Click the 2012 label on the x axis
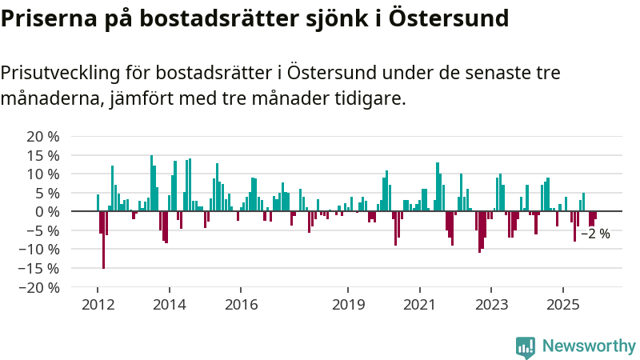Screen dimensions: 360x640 tap(98, 305)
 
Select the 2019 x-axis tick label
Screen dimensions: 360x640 tap(348, 305)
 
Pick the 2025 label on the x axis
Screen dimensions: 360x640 tap(563, 305)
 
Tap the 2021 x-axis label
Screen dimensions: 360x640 tap(420, 305)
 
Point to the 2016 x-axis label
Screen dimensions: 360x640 tap(241, 305)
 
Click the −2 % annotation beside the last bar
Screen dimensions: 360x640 tap(595, 234)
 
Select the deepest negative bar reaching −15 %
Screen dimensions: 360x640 tap(103, 240)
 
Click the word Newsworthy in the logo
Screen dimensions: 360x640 tap(589, 346)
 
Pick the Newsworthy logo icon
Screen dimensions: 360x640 tap(526, 346)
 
